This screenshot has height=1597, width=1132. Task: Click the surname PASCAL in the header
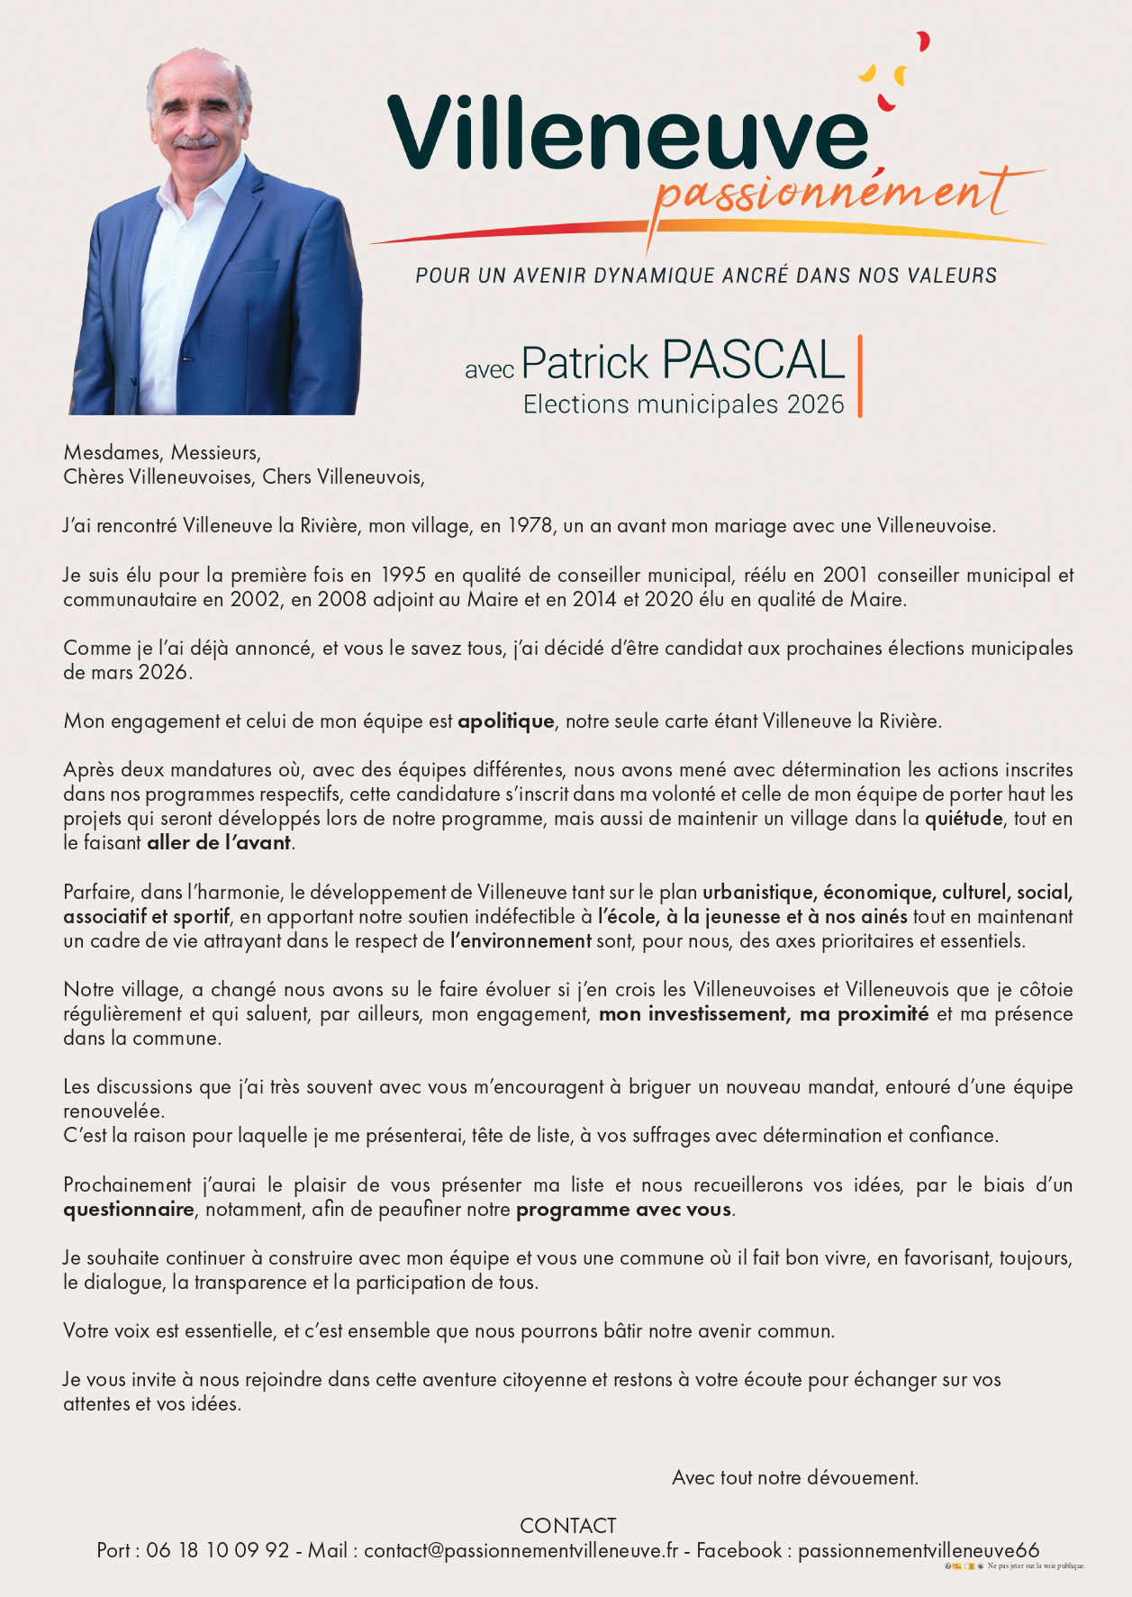tap(753, 361)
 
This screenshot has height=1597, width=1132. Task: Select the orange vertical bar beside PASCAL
tap(860, 376)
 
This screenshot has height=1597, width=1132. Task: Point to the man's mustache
tap(195, 141)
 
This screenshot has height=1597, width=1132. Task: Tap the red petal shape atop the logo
tap(922, 41)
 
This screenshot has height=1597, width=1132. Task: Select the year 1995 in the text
tap(403, 575)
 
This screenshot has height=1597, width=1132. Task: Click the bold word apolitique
tap(506, 721)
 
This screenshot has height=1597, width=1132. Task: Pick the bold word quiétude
tap(964, 819)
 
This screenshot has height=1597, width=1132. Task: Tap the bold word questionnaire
tap(129, 1210)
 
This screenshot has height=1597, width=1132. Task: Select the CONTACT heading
tap(567, 1526)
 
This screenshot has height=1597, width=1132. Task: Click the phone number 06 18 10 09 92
tap(218, 1550)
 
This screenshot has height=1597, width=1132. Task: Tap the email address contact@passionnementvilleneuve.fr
tap(521, 1550)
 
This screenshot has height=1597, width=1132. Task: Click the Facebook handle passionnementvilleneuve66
tap(919, 1550)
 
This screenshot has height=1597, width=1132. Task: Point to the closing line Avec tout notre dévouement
tap(795, 1478)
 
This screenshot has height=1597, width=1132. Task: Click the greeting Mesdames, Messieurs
tap(162, 452)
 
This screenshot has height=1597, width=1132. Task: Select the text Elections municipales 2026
tap(684, 404)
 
